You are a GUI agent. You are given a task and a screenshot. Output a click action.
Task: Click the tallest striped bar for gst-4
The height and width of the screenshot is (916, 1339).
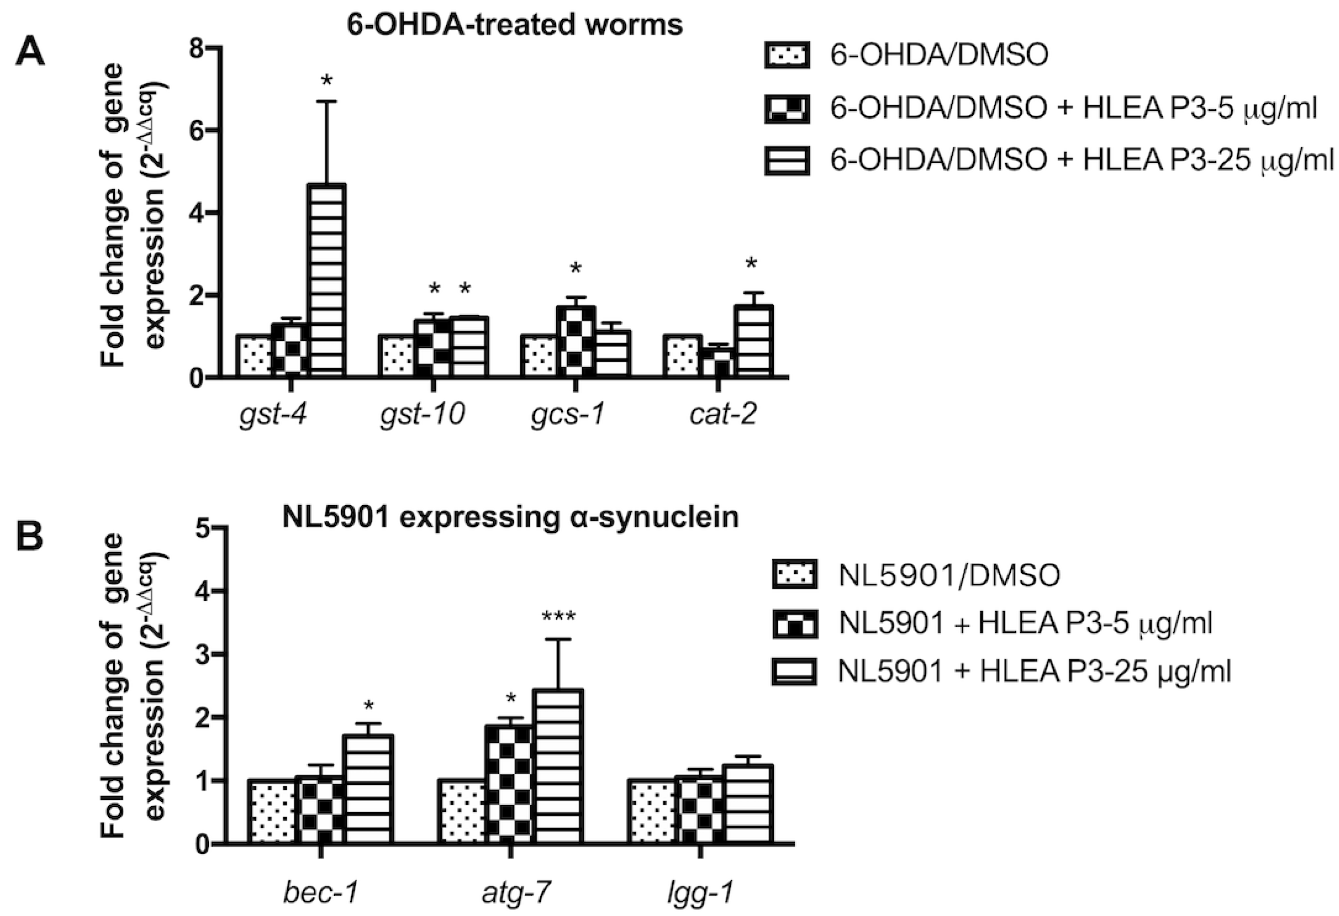[327, 280]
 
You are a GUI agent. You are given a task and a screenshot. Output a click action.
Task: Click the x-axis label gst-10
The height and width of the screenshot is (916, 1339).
[423, 414]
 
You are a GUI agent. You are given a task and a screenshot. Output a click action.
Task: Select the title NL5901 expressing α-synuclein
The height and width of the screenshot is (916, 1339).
[510, 517]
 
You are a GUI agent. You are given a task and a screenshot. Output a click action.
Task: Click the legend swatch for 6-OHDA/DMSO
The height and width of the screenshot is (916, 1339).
[787, 56]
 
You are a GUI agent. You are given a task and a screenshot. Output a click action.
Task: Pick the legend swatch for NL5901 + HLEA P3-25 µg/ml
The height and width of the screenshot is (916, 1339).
[794, 672]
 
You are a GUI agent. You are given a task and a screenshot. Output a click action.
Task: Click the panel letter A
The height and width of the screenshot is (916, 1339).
[30, 54]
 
